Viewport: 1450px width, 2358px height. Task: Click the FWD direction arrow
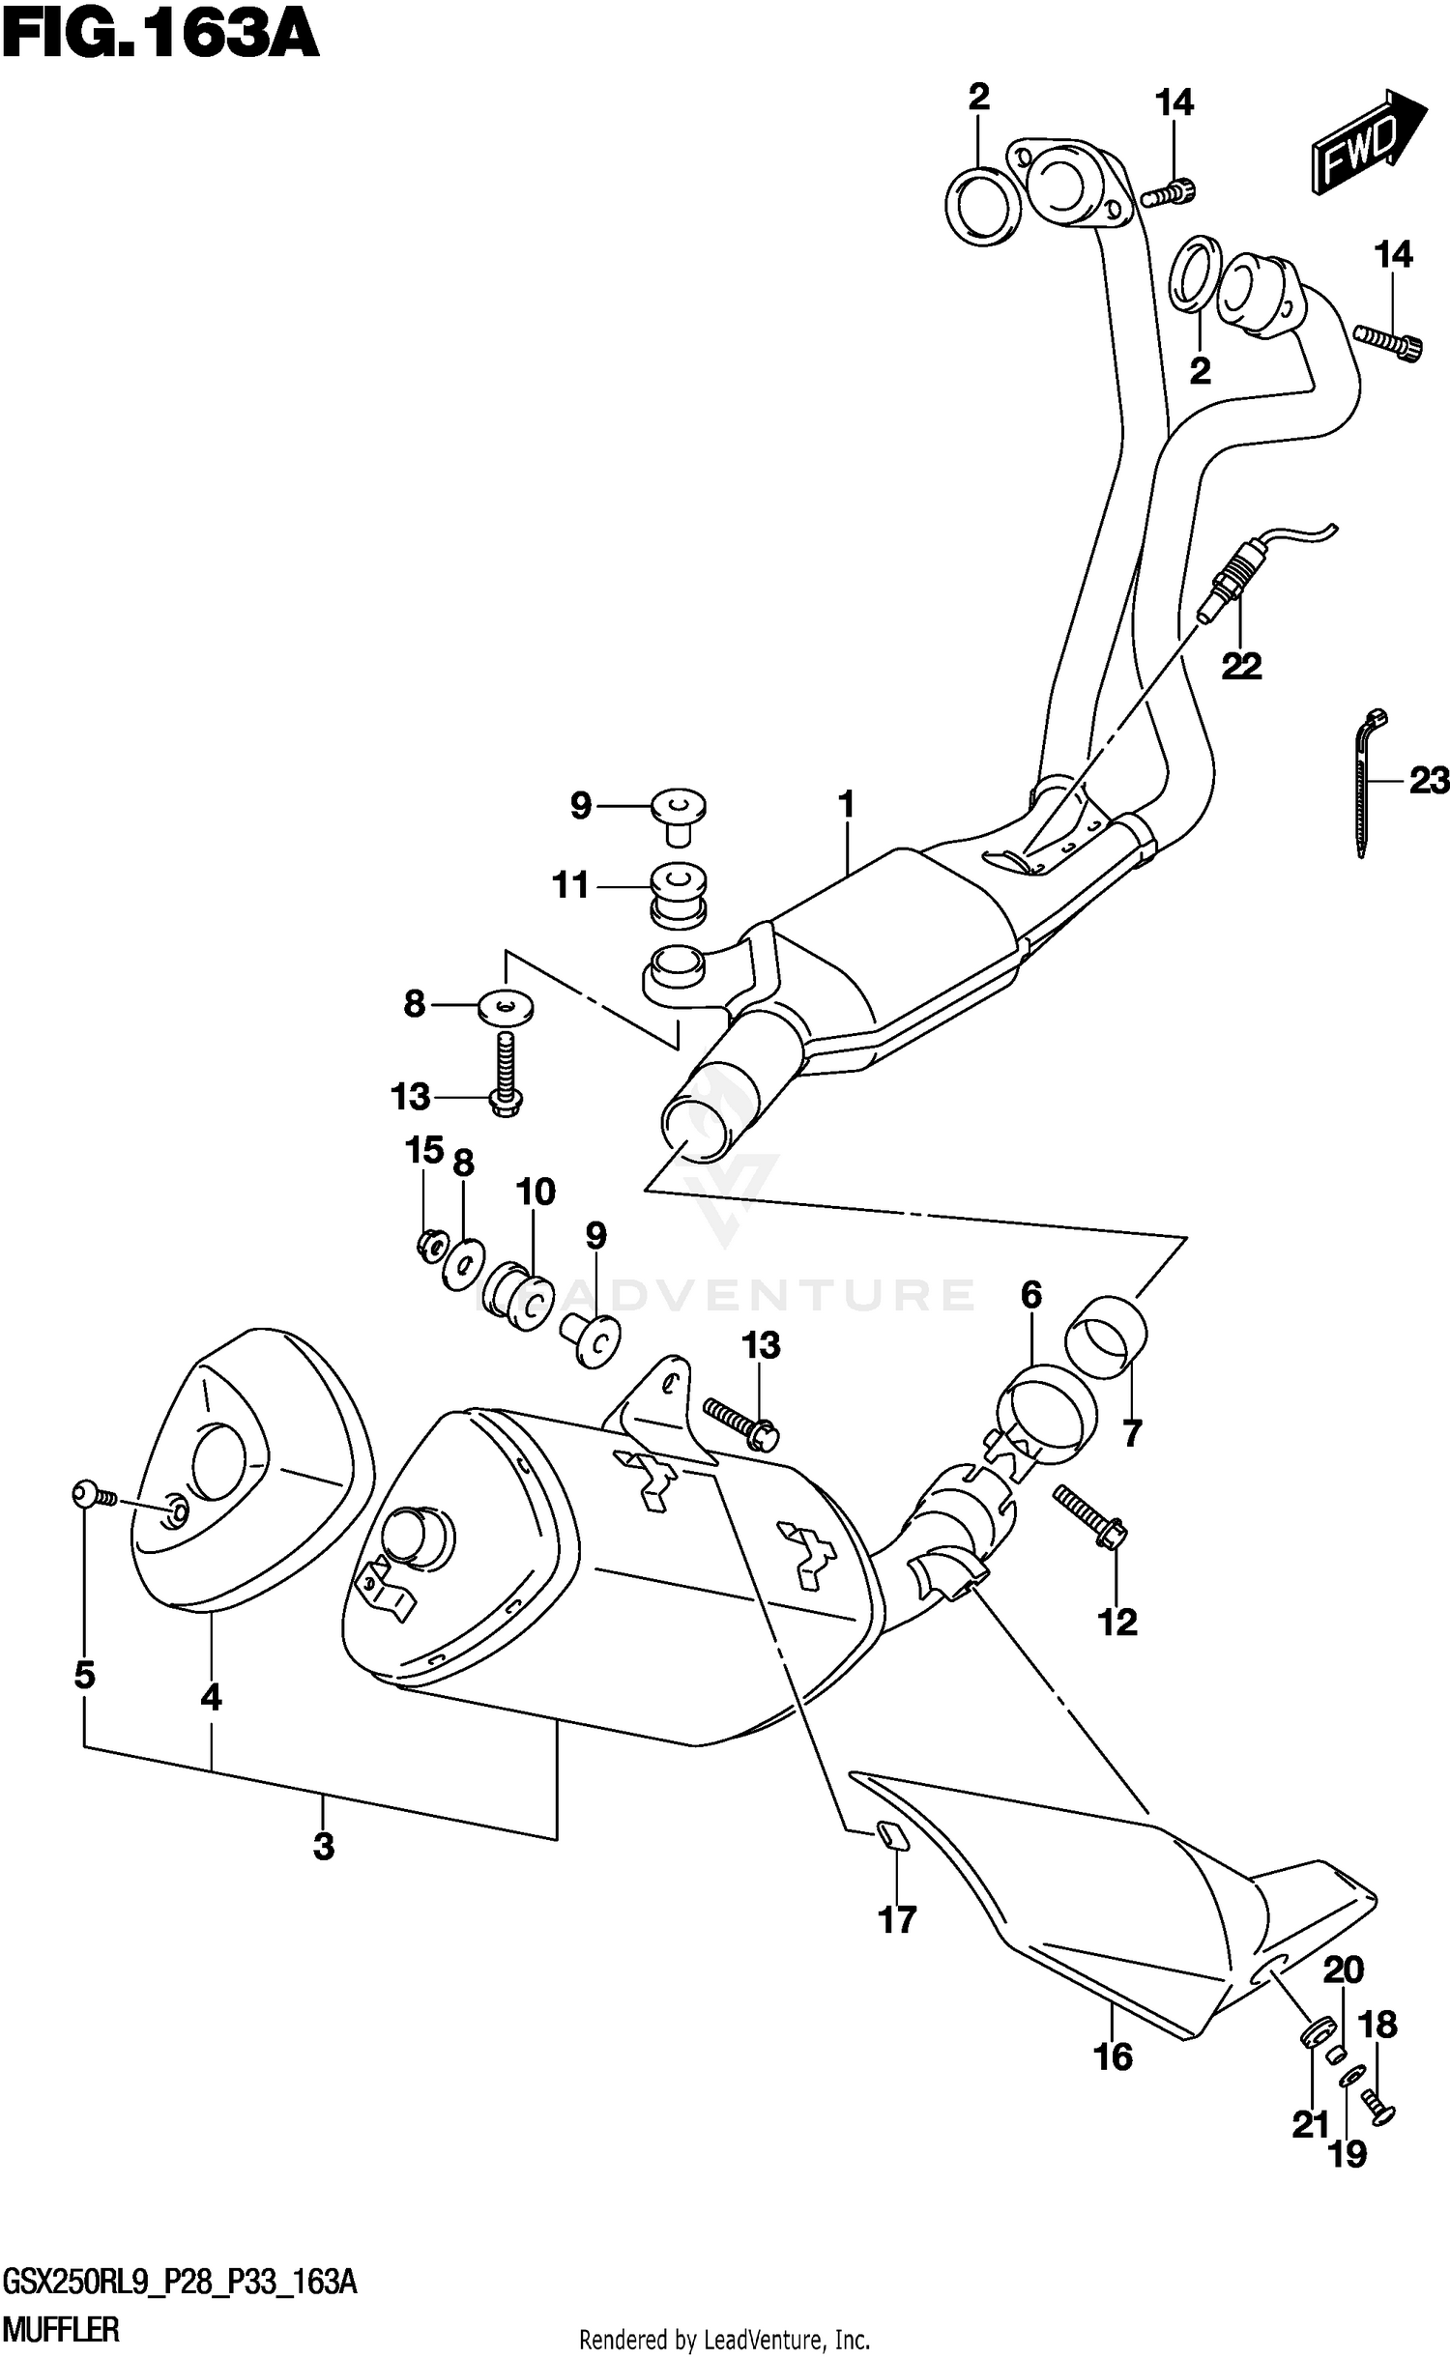[1366, 142]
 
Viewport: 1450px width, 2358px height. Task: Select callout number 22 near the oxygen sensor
[1241, 666]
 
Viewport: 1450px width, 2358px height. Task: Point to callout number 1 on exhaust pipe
[847, 804]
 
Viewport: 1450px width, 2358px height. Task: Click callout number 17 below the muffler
[896, 1919]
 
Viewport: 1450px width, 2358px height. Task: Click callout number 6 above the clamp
[1031, 1295]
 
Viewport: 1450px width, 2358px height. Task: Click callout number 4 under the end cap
[211, 1697]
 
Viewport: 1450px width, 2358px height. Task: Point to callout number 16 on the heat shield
[1113, 2056]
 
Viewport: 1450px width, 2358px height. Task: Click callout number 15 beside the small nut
[423, 1150]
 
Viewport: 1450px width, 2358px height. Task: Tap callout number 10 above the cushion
[536, 1191]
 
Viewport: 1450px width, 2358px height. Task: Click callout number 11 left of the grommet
[569, 885]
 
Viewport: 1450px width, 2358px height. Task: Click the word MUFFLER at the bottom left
[62, 2331]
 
